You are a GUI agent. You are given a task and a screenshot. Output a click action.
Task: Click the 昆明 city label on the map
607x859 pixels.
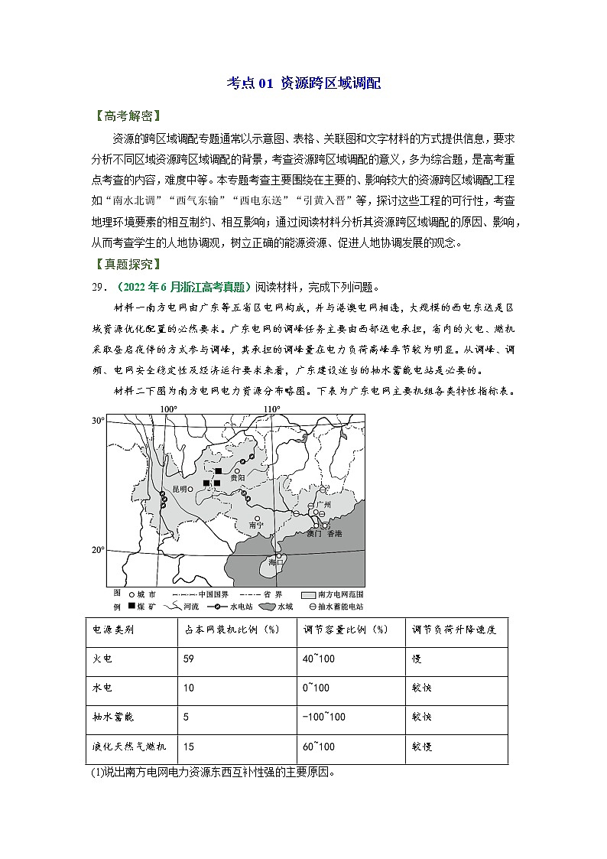pos(180,488)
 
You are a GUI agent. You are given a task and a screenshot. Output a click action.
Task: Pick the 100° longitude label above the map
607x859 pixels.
pos(168,409)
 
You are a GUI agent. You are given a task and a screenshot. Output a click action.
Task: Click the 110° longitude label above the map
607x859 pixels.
pos(271,409)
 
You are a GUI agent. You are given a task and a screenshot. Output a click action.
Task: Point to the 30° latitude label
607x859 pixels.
pos(98,421)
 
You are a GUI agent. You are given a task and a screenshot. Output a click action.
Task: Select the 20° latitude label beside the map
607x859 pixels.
pos(98,550)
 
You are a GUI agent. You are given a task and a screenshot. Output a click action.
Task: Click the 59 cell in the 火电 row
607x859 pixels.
pos(190,658)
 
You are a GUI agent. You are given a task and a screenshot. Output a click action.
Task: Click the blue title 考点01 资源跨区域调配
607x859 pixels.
pos(304,83)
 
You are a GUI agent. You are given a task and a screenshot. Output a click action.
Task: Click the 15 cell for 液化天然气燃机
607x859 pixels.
pos(190,746)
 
